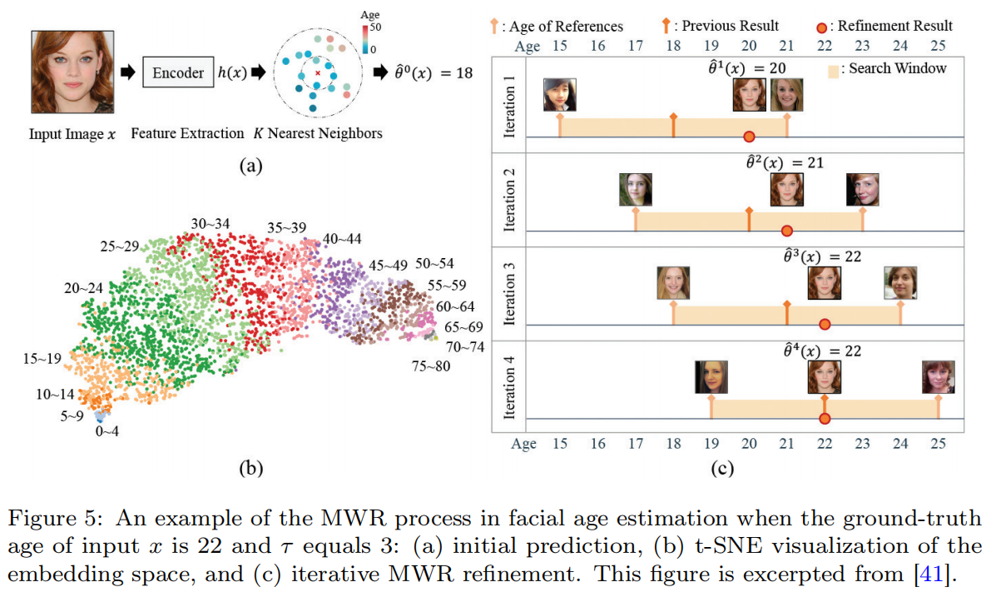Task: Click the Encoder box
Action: click(x=178, y=72)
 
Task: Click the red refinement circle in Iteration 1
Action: click(x=749, y=137)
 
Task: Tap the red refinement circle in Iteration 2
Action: click(x=786, y=231)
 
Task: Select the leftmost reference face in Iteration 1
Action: click(x=559, y=94)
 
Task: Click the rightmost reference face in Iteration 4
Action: click(x=938, y=376)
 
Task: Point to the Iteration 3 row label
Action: click(x=510, y=291)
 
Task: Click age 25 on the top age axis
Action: click(x=938, y=46)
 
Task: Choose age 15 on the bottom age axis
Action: click(x=559, y=444)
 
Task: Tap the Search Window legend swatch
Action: click(x=836, y=68)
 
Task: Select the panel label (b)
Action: click(x=250, y=468)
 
